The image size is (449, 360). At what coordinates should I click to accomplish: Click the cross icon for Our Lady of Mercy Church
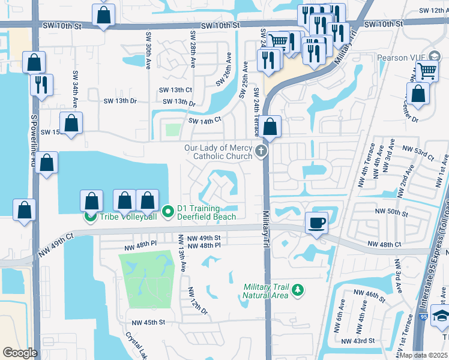(261, 151)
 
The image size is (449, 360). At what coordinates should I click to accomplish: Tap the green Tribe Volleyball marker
(91, 216)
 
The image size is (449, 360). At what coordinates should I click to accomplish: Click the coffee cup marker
(316, 223)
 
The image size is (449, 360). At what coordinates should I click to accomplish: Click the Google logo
(19, 352)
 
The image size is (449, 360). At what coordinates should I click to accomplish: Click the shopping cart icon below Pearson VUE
(427, 71)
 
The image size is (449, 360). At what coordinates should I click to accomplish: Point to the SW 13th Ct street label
(175, 89)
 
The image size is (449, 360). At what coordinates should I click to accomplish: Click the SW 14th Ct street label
(205, 121)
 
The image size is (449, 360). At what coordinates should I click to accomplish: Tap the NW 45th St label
(145, 322)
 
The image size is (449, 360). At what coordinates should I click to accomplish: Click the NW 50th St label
(391, 212)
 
